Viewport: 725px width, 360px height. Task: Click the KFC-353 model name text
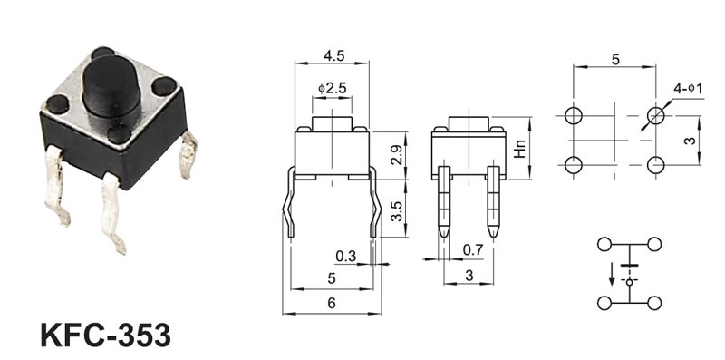(x=105, y=335)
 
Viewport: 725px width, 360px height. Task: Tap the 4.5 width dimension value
(x=333, y=55)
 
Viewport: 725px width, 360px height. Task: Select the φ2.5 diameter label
(x=332, y=88)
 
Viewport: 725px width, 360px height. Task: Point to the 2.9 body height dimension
(x=397, y=156)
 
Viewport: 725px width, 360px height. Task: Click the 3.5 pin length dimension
(x=397, y=210)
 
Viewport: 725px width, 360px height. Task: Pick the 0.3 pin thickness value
(x=346, y=256)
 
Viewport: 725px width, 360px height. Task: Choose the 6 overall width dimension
(x=331, y=303)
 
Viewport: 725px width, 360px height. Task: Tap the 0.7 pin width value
(x=473, y=250)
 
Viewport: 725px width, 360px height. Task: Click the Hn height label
(x=520, y=149)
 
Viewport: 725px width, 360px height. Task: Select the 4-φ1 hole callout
(x=688, y=88)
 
